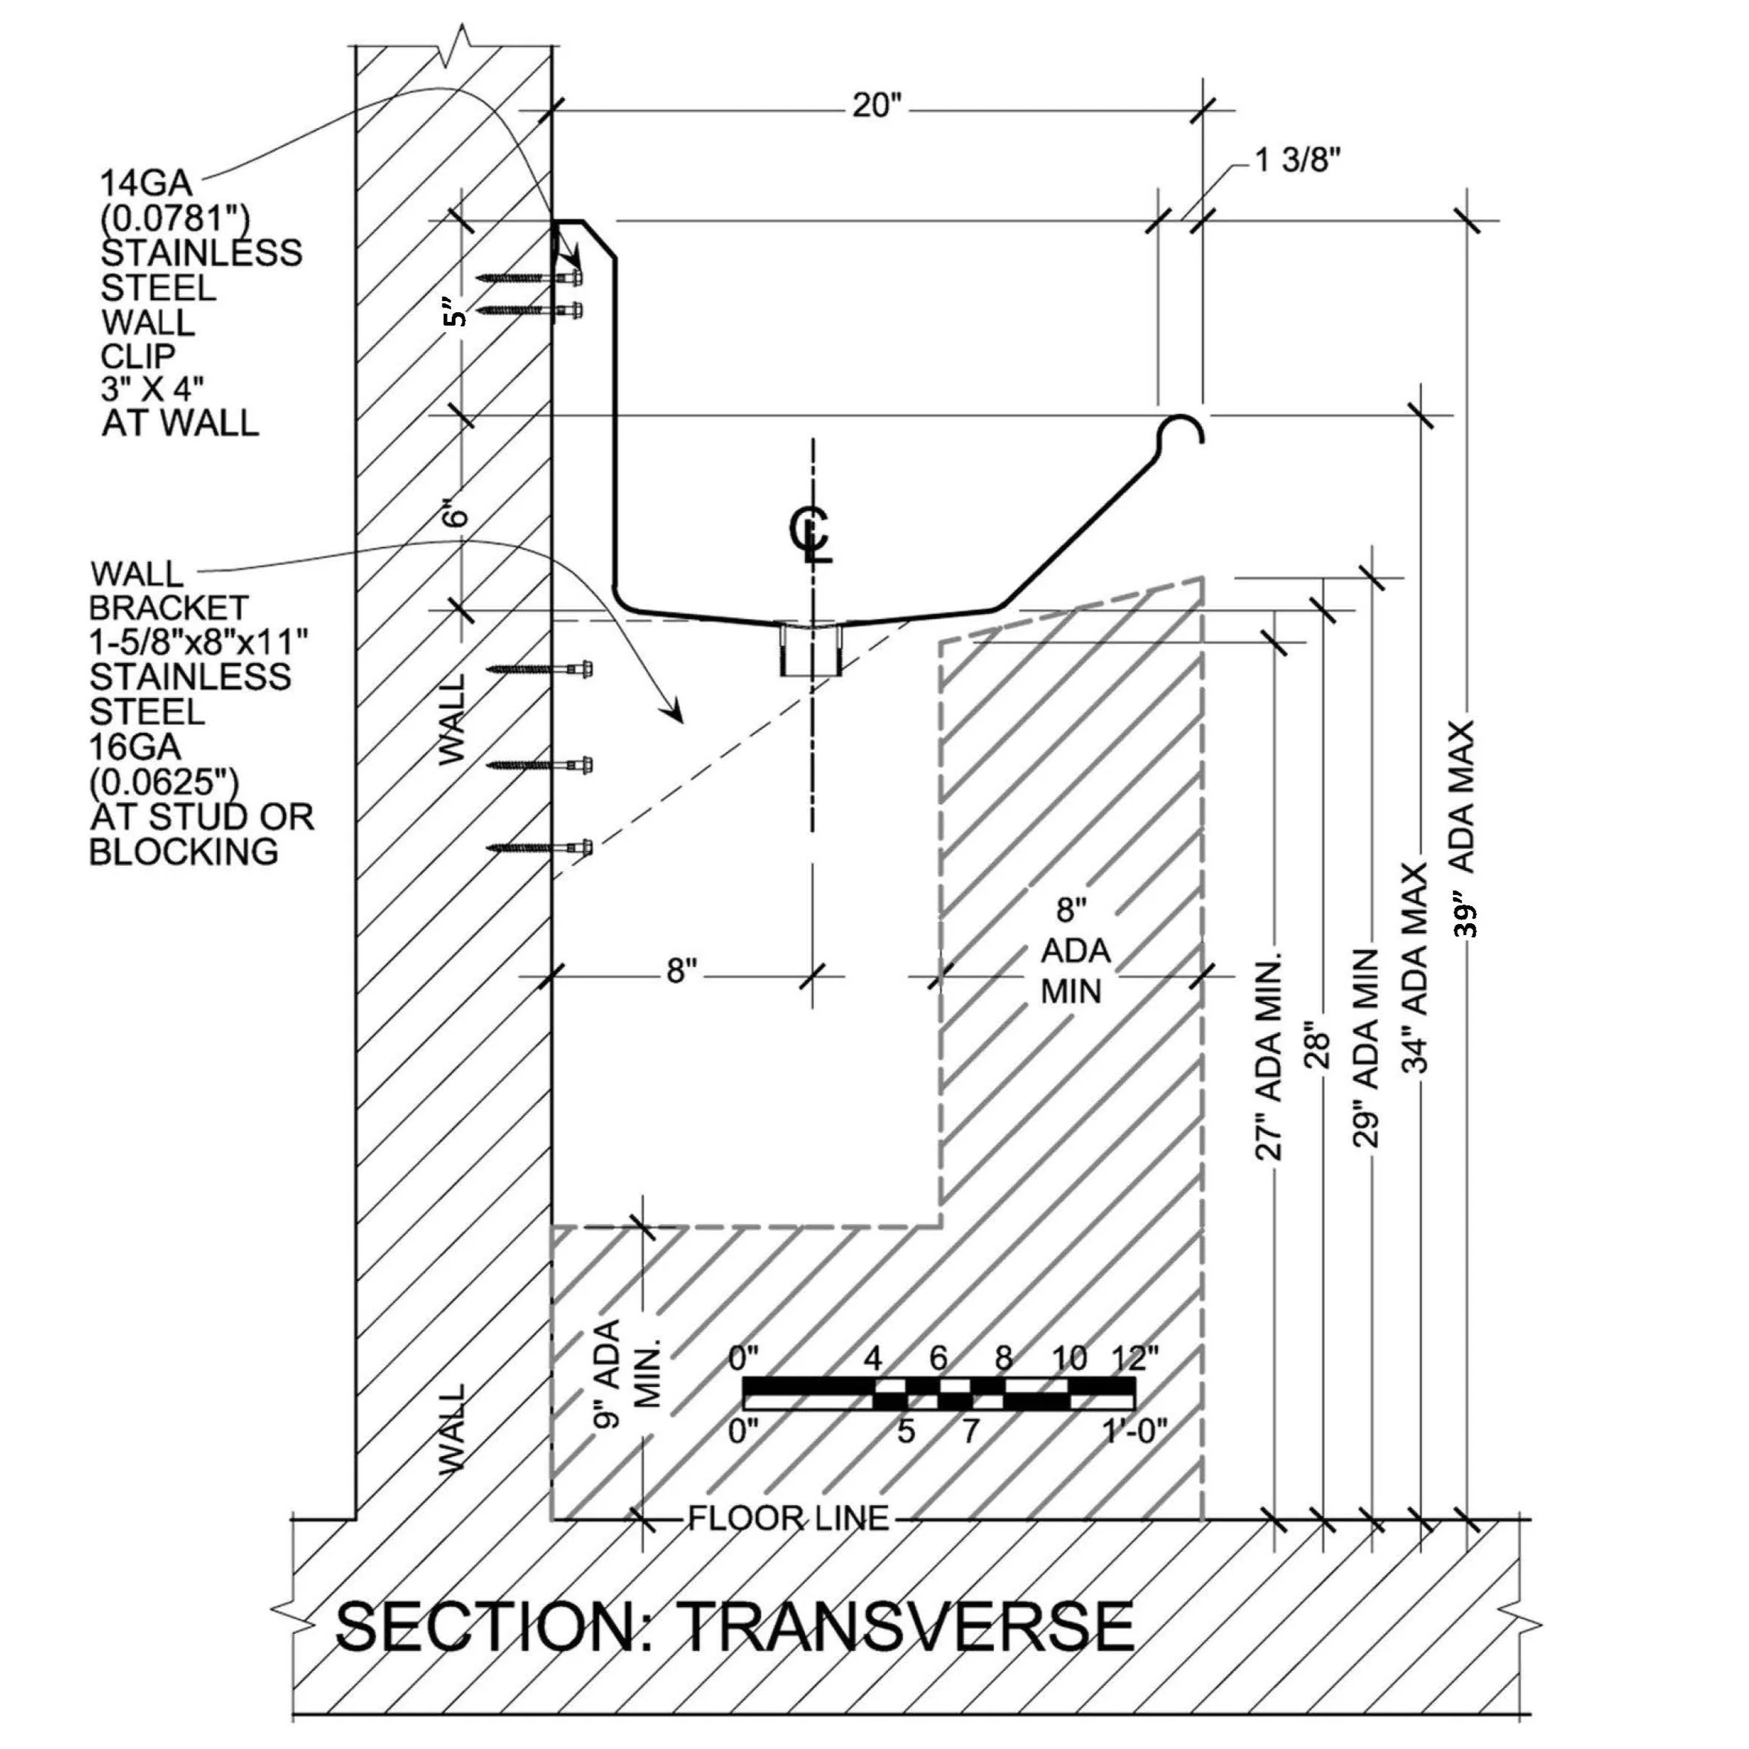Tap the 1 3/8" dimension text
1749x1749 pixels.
(1296, 162)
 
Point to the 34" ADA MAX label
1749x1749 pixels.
(1415, 969)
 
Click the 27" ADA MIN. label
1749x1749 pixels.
(1270, 1055)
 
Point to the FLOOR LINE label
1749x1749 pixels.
(789, 1518)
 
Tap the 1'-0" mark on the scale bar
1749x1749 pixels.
(1135, 1430)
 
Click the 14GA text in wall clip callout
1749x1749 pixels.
(146, 184)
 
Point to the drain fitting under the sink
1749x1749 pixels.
(811, 649)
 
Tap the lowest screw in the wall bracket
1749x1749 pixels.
(541, 848)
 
